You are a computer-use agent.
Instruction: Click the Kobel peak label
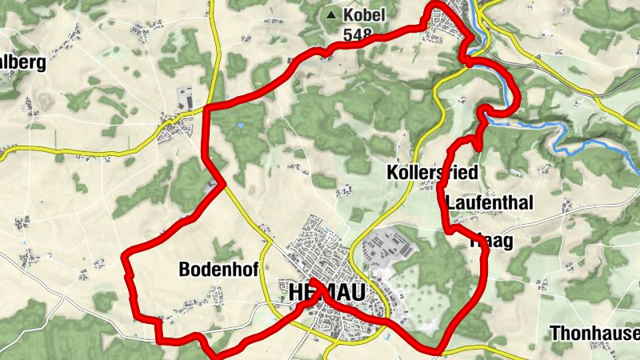[x=364, y=15]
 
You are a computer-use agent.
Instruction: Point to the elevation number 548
[x=358, y=35]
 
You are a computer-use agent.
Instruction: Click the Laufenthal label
[x=489, y=203]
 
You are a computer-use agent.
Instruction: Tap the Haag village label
[x=492, y=239]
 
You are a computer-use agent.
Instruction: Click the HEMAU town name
[x=320, y=294]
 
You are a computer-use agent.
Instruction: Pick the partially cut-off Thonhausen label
[x=595, y=334]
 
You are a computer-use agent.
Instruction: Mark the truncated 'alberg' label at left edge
[x=22, y=62]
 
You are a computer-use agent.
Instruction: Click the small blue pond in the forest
[x=241, y=126]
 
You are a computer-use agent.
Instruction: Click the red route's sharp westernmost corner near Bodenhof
[x=123, y=257]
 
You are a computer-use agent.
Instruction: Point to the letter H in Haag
[x=477, y=239]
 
